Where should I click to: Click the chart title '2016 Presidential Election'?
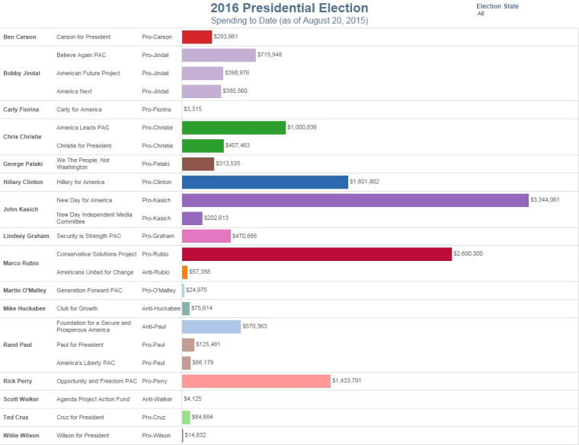pyautogui.click(x=289, y=8)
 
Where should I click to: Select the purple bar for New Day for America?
pyautogui.click(x=355, y=200)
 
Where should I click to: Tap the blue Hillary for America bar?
pyautogui.click(x=265, y=182)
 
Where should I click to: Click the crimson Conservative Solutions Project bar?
pyautogui.click(x=317, y=254)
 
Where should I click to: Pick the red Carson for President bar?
pyautogui.click(x=197, y=37)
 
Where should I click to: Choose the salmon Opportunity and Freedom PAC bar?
pyautogui.click(x=257, y=380)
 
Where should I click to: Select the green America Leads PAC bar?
pyautogui.click(x=234, y=128)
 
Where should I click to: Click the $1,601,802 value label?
pyautogui.click(x=364, y=182)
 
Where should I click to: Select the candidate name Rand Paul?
pyautogui.click(x=17, y=345)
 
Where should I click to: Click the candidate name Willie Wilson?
pyautogui.click(x=21, y=435)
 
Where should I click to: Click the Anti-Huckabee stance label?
pyautogui.click(x=161, y=308)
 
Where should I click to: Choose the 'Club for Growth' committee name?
pyautogui.click(x=78, y=308)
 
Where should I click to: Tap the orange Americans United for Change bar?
pyautogui.click(x=185, y=272)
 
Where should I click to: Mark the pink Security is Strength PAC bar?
pyautogui.click(x=206, y=236)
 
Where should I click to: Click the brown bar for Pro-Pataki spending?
pyautogui.click(x=198, y=164)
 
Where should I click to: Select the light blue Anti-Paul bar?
pyautogui.click(x=211, y=326)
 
